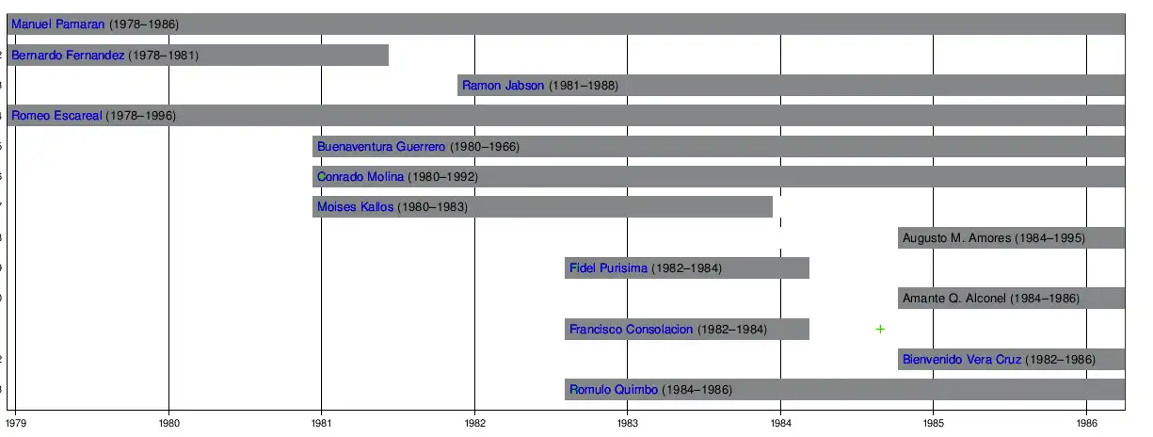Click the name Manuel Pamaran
[x=57, y=24]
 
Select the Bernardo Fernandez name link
[x=68, y=56]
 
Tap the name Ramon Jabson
[x=503, y=86]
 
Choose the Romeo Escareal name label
[x=56, y=116]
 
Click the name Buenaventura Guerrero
[x=381, y=147]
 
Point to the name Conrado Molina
[x=360, y=177]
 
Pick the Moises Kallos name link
[x=355, y=207]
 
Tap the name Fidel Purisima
[x=608, y=268]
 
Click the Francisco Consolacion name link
[x=631, y=330]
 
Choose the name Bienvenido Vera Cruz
[x=961, y=360]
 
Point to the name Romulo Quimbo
[x=613, y=390]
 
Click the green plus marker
[x=880, y=330]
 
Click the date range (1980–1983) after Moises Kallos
[x=432, y=207]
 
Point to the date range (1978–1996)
[x=140, y=116]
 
